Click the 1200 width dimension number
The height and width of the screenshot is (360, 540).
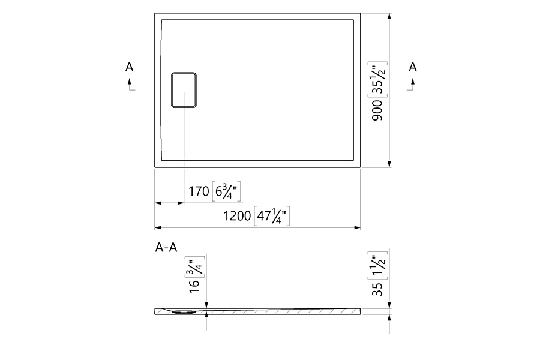[237, 216]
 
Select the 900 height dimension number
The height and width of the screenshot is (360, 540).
[377, 110]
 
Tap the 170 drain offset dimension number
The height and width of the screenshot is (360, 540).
[199, 191]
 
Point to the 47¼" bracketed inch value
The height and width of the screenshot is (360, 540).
[272, 216]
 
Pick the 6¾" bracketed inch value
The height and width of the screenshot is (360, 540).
[226, 191]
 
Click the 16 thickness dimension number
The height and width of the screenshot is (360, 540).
[194, 286]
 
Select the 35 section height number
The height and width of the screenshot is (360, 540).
[377, 289]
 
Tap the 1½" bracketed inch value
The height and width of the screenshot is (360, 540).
[377, 265]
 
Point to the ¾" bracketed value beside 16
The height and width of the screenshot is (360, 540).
[194, 266]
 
